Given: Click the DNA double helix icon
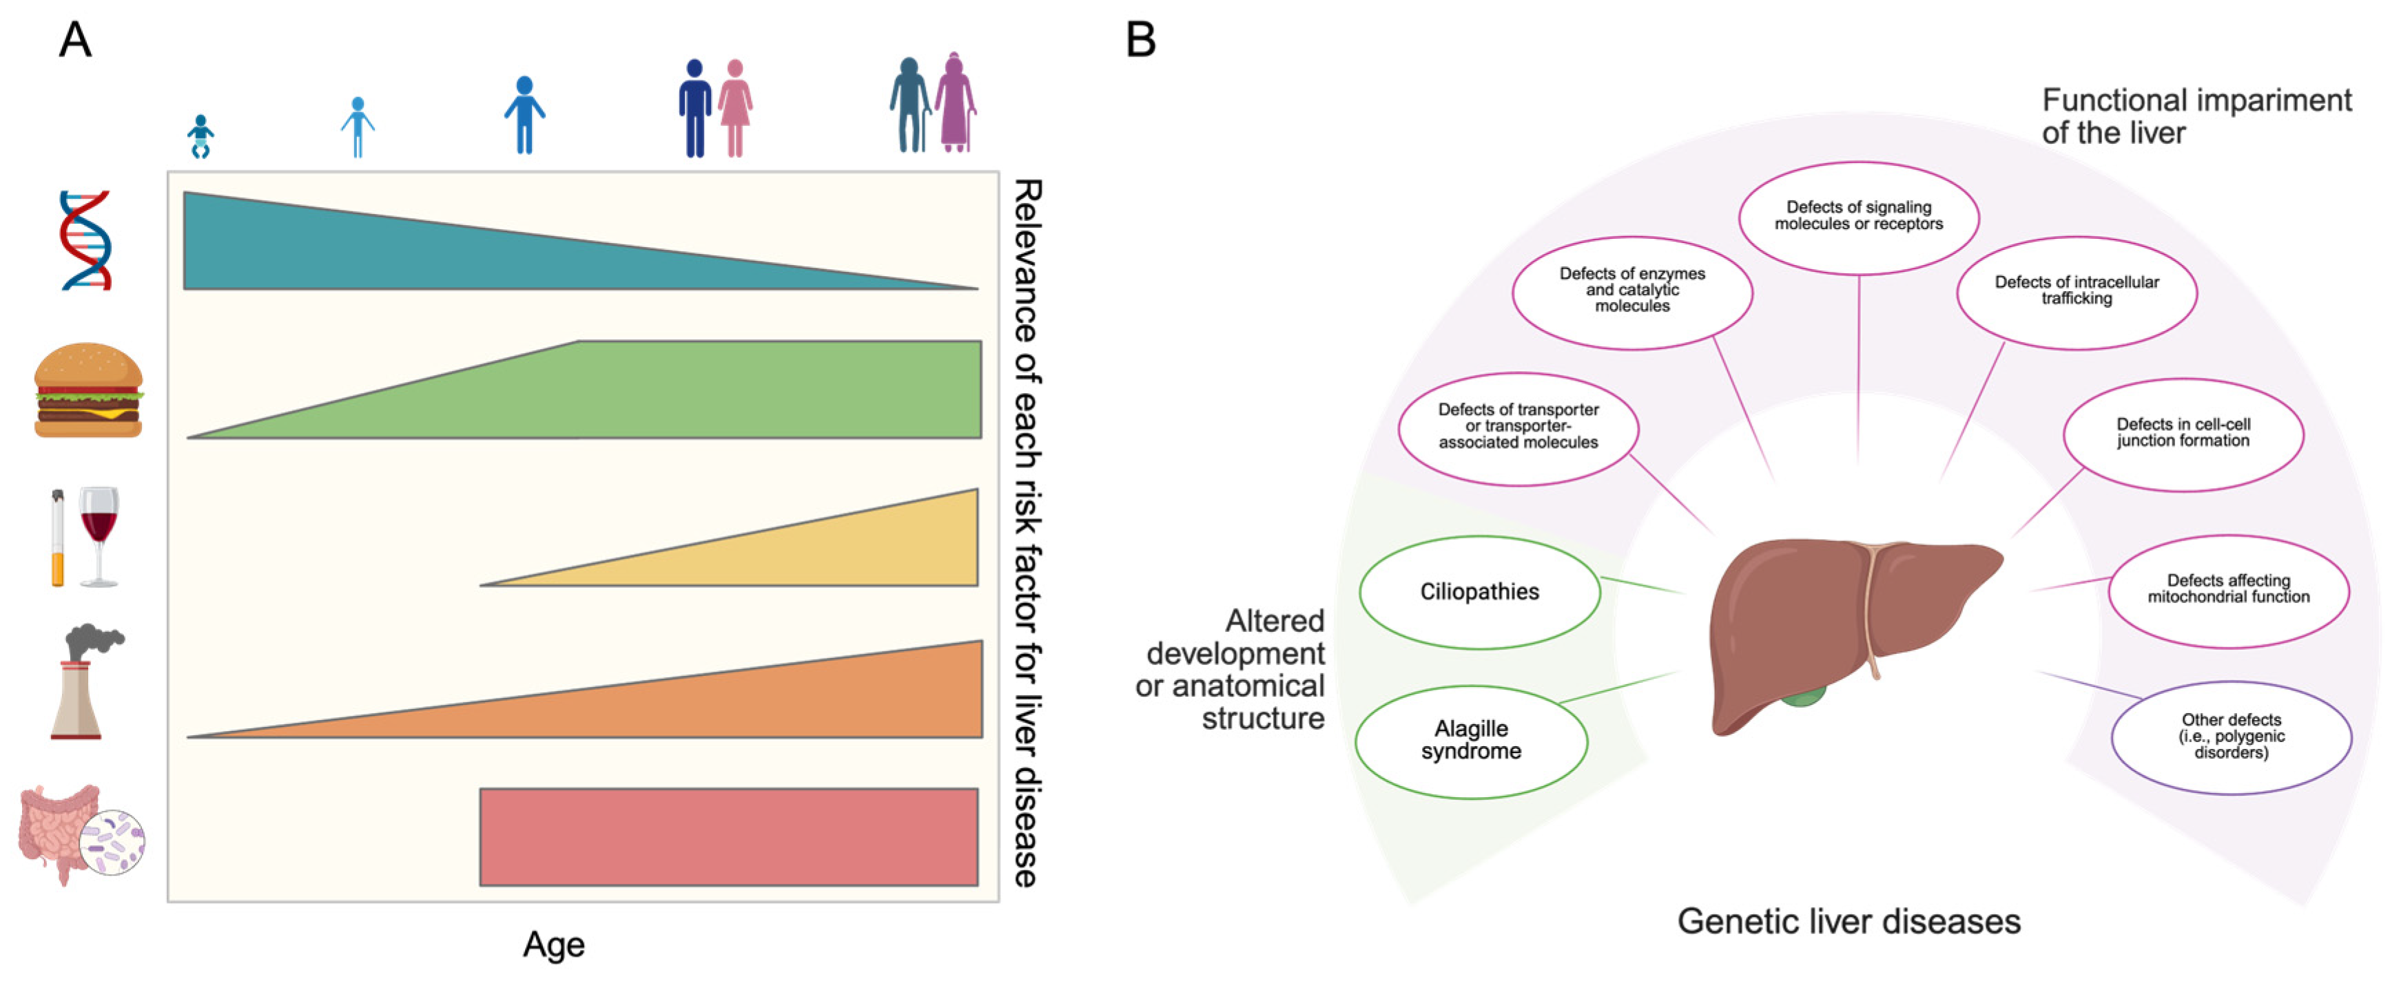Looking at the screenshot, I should pyautogui.click(x=85, y=240).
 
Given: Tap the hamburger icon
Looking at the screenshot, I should pyautogui.click(x=88, y=390).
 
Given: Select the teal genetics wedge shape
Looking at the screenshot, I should pyautogui.click(x=373, y=251).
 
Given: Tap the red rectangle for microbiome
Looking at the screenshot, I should pyautogui.click(x=728, y=836).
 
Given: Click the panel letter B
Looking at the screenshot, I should pyautogui.click(x=1141, y=40).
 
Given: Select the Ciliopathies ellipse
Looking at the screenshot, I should pyautogui.click(x=1479, y=592).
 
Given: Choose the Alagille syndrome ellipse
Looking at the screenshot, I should pyautogui.click(x=1472, y=741).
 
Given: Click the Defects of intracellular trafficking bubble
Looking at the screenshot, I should pyautogui.click(x=2076, y=291).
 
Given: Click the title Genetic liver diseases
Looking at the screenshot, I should pyautogui.click(x=1849, y=922).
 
